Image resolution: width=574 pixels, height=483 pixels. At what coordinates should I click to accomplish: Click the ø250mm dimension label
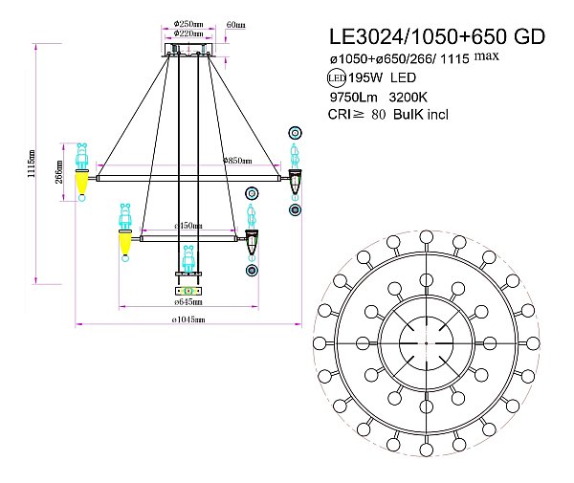point(188,23)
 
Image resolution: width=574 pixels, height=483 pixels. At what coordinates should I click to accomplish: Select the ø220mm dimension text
point(188,33)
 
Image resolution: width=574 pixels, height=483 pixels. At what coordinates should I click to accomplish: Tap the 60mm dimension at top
point(235,23)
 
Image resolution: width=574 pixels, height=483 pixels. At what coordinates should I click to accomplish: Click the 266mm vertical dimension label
point(59,173)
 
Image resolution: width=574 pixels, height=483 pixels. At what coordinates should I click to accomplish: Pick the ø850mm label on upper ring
point(236,161)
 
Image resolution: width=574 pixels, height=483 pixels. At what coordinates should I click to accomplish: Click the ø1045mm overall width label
point(188,319)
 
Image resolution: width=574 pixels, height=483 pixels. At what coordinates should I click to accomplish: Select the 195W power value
point(360,77)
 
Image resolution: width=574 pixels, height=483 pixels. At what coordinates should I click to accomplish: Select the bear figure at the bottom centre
point(188,258)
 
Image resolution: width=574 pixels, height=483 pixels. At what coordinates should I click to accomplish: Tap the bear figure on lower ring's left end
point(124,218)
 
